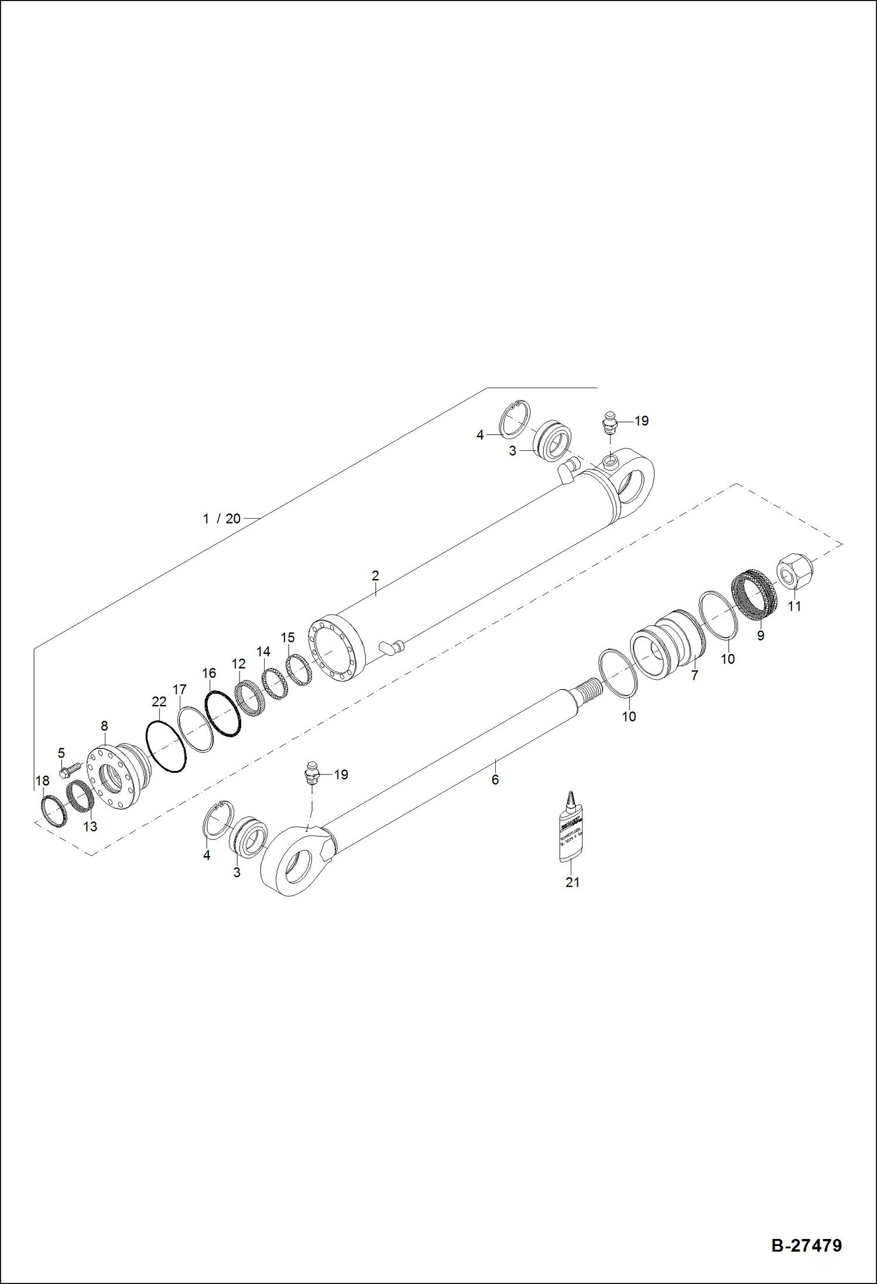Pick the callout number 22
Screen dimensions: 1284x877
tap(159, 701)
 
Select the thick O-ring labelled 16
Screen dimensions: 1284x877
tap(222, 713)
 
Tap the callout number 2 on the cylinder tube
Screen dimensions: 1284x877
tap(375, 576)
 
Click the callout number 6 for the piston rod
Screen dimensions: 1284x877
tap(495, 779)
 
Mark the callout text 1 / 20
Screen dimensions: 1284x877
tap(221, 519)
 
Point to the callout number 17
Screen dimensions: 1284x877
tap(179, 690)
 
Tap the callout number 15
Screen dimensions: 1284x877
tap(287, 638)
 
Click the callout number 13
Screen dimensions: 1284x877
tap(90, 827)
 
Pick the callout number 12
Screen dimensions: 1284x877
tap(238, 664)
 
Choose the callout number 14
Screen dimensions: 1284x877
tap(263, 652)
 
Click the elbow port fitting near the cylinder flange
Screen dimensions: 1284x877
tap(392, 647)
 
